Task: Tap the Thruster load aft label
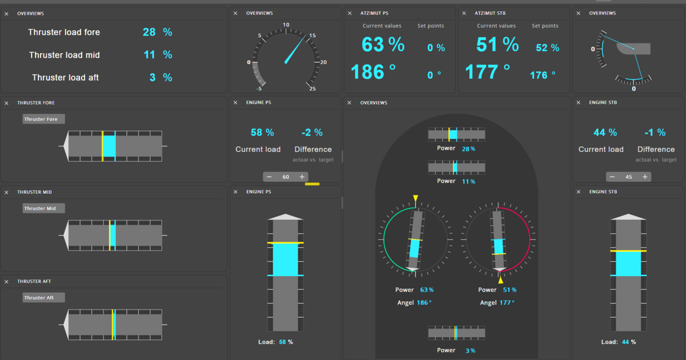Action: (x=65, y=78)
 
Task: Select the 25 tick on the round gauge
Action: (x=312, y=89)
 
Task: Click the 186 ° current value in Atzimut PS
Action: (x=373, y=72)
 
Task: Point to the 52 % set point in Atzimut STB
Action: (x=547, y=48)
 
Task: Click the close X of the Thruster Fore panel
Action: (x=6, y=103)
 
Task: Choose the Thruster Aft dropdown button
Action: (x=43, y=298)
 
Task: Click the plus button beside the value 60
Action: (x=302, y=177)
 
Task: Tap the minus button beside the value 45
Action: (x=612, y=177)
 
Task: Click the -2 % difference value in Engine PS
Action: (x=312, y=133)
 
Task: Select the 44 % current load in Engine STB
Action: (x=605, y=133)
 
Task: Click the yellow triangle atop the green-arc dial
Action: (x=416, y=198)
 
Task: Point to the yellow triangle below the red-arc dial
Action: (x=501, y=280)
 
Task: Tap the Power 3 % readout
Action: (x=456, y=350)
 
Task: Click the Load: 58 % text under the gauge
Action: (x=276, y=342)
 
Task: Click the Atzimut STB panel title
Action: (x=490, y=13)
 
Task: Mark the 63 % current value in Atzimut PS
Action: (x=383, y=45)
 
